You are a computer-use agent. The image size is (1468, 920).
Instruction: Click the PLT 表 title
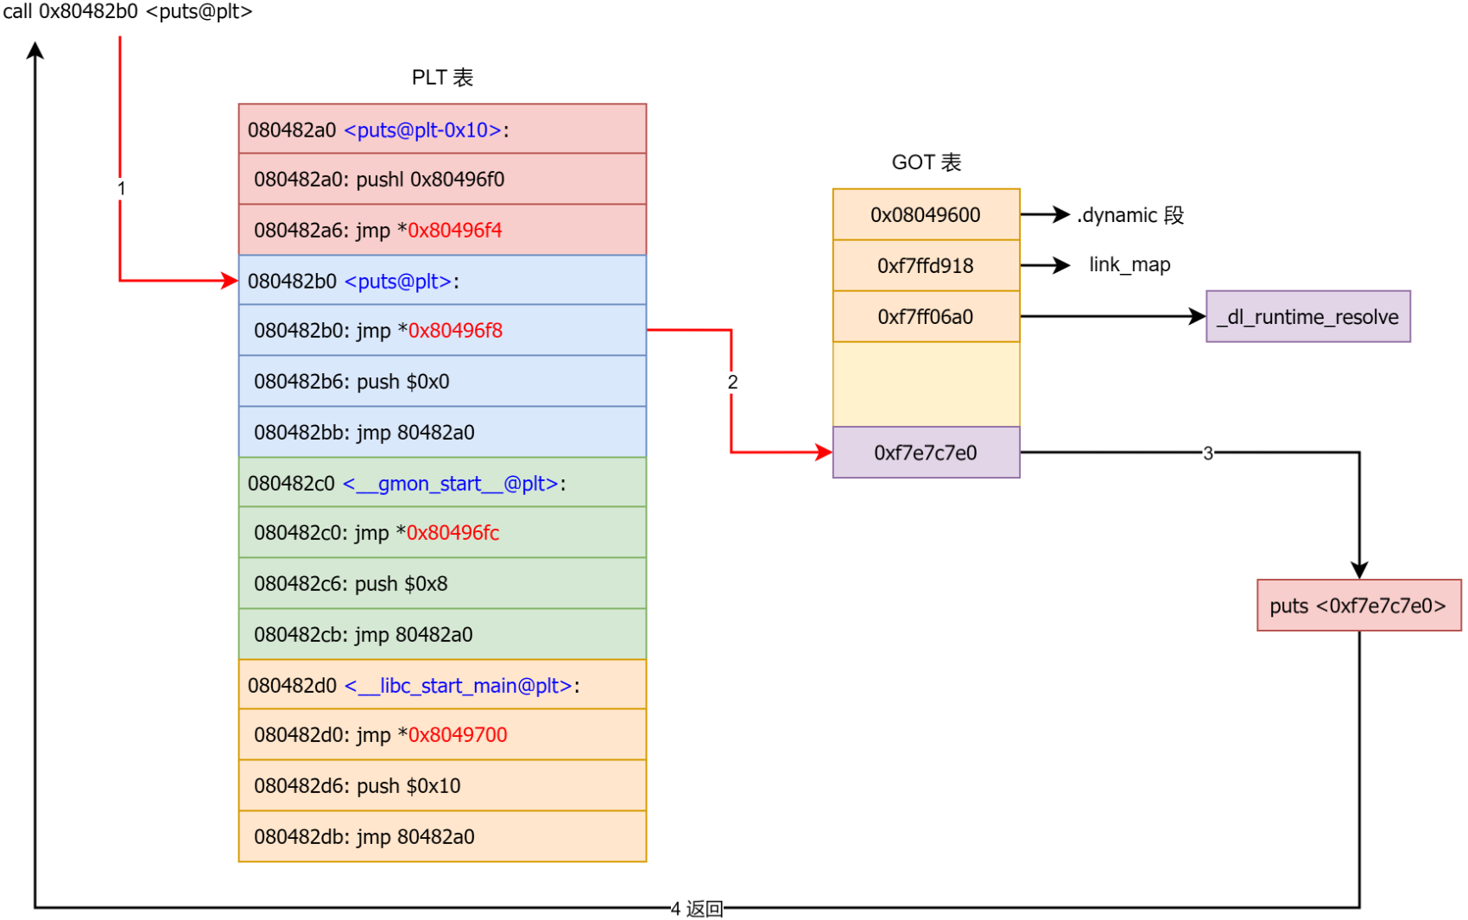[442, 78]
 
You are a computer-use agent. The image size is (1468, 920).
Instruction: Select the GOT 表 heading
[926, 162]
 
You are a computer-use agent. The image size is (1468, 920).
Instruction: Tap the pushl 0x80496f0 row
[442, 179]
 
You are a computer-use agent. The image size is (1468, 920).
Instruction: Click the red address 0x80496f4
[454, 230]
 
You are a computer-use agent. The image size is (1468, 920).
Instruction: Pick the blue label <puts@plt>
[398, 281]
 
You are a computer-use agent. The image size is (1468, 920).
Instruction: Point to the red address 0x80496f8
[454, 331]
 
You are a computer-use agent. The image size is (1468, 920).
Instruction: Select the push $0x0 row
[442, 381]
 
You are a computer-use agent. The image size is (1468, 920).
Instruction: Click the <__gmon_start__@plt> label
[450, 483]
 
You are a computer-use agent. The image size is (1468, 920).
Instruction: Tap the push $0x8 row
[442, 583]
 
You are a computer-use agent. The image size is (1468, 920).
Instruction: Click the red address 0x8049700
[457, 735]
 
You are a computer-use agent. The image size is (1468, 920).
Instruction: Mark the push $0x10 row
[442, 785]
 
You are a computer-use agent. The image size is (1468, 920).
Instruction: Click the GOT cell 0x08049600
[926, 214]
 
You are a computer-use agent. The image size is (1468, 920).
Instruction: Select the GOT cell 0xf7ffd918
[926, 265]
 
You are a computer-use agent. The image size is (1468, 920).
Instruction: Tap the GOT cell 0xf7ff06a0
[926, 316]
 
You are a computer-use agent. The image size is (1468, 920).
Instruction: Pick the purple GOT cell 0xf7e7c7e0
[926, 453]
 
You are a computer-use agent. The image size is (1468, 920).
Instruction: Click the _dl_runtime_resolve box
[1307, 316]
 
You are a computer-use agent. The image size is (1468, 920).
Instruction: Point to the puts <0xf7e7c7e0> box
[1358, 606]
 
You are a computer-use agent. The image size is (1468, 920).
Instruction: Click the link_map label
[1129, 264]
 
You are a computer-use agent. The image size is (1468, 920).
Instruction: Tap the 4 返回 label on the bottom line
[697, 908]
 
